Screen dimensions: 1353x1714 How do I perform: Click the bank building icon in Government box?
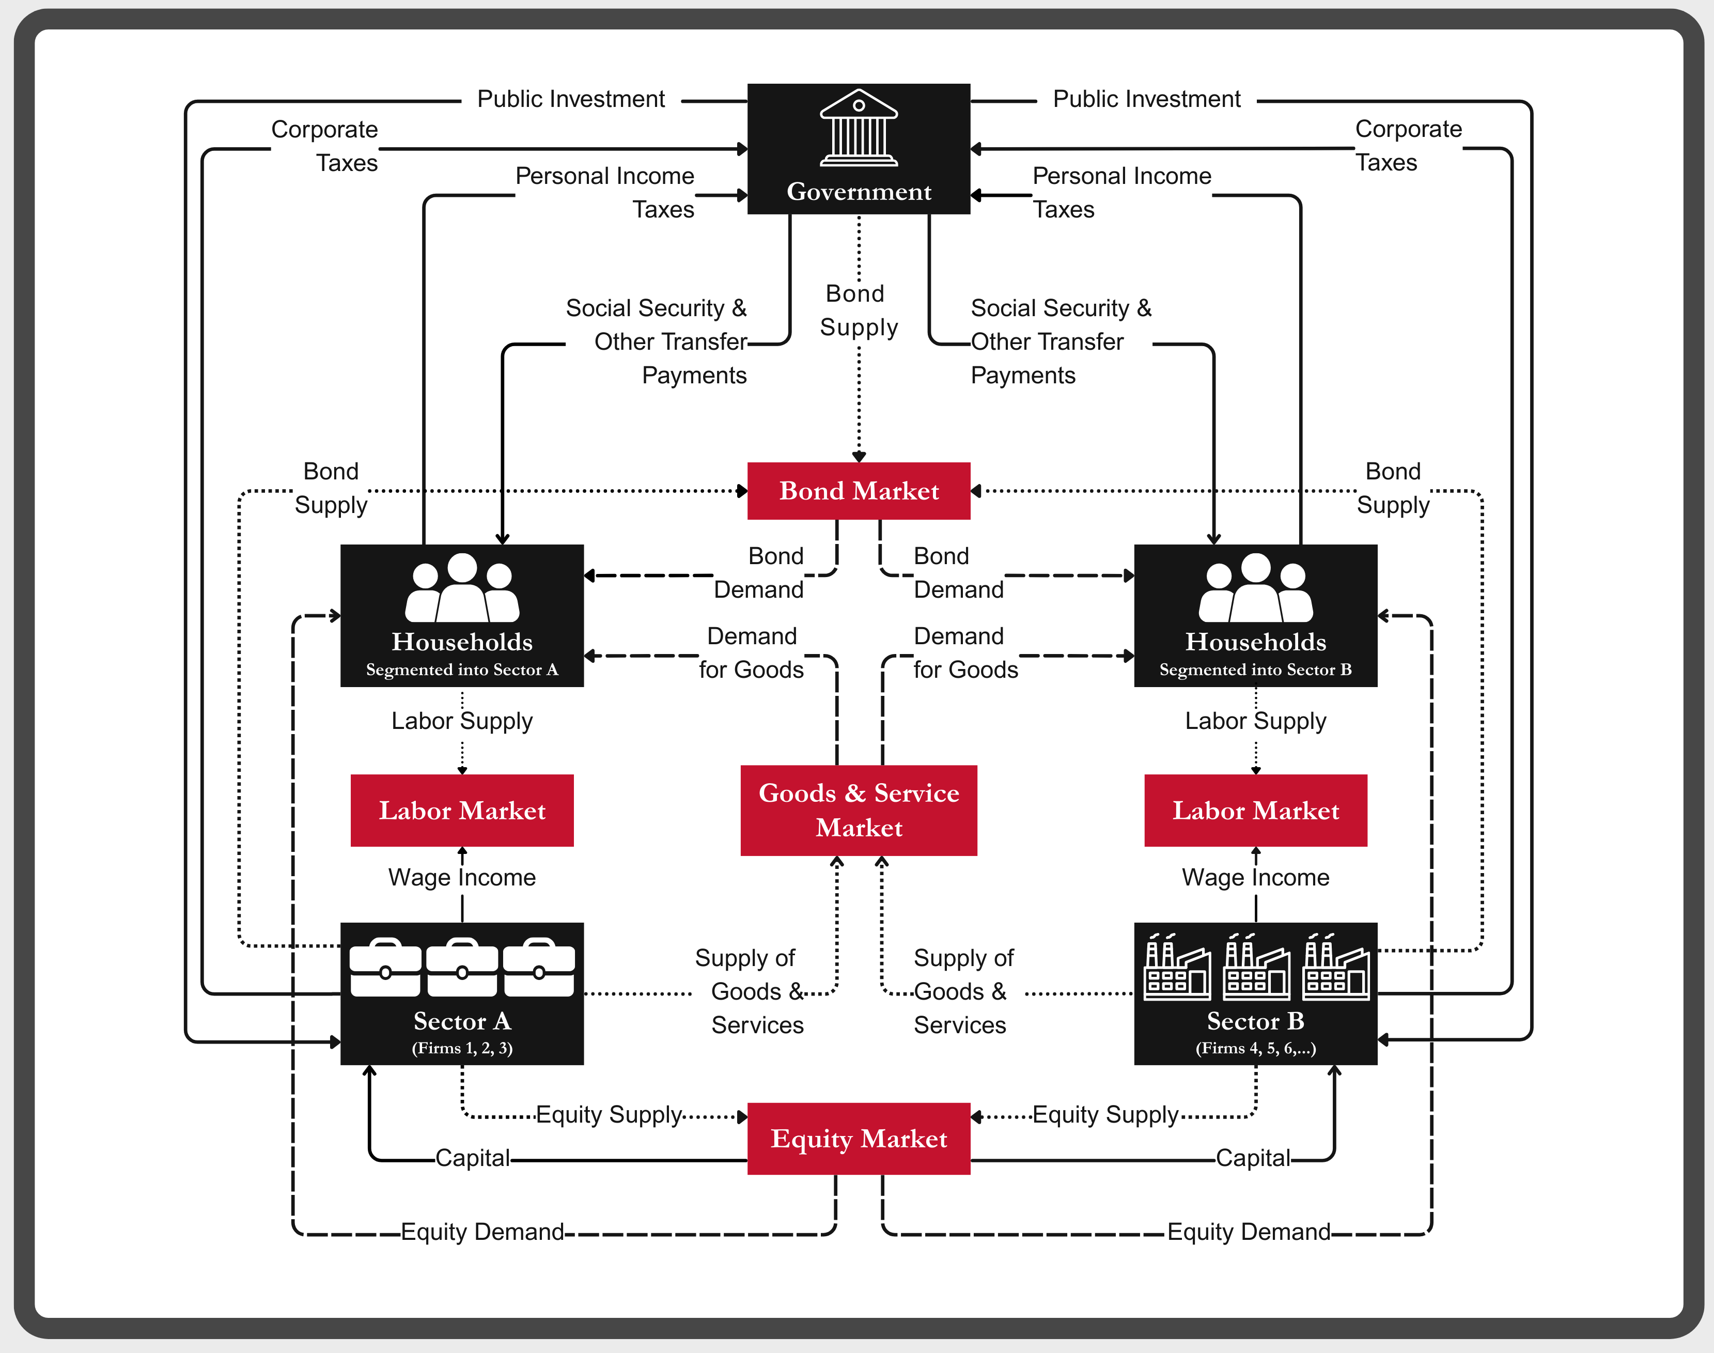[x=859, y=128]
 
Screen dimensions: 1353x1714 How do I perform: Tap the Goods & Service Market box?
[x=859, y=810]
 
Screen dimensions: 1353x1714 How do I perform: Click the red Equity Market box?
[x=859, y=1138]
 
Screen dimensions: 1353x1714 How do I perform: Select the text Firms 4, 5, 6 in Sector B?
[x=1255, y=1048]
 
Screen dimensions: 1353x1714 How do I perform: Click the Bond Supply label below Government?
[x=859, y=310]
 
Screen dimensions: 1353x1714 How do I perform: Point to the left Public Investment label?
[x=570, y=99]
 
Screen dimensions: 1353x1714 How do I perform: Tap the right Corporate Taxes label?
[x=1408, y=145]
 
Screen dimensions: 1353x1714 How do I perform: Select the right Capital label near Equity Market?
[x=1253, y=1158]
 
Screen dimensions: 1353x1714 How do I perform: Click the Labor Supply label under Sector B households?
[x=1255, y=721]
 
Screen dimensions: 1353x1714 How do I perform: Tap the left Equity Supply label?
[x=609, y=1114]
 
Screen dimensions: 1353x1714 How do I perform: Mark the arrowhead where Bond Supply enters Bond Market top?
[x=859, y=457]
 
